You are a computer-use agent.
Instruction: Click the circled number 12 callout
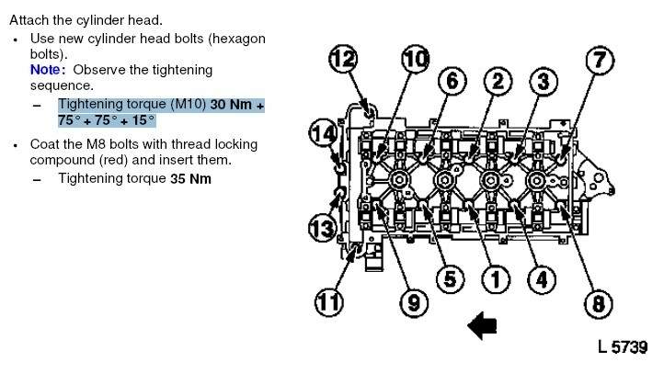(x=343, y=59)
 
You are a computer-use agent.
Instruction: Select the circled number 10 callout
(x=416, y=59)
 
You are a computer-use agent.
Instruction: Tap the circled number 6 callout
(x=452, y=81)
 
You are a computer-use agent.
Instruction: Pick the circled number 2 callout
(x=498, y=81)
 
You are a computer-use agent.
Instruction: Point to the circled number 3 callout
(x=544, y=82)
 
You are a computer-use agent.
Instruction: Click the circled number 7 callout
(x=600, y=60)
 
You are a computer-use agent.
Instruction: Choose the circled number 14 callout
(x=323, y=133)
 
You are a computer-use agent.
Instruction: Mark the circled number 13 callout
(x=322, y=228)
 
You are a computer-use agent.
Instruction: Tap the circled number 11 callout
(x=328, y=302)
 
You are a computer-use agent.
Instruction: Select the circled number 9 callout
(x=414, y=302)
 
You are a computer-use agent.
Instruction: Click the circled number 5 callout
(x=450, y=279)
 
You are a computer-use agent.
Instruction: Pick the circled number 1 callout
(x=496, y=279)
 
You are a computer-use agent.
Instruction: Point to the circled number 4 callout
(x=542, y=279)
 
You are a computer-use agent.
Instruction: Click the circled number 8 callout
(x=599, y=304)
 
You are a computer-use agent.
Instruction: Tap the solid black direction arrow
(x=482, y=325)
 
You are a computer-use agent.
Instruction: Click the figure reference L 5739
(x=623, y=347)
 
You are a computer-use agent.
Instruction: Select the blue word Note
(x=45, y=70)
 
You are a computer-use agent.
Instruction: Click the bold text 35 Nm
(x=190, y=179)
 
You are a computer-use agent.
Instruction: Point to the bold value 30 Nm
(x=231, y=105)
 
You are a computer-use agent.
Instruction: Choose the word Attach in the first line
(x=28, y=20)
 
